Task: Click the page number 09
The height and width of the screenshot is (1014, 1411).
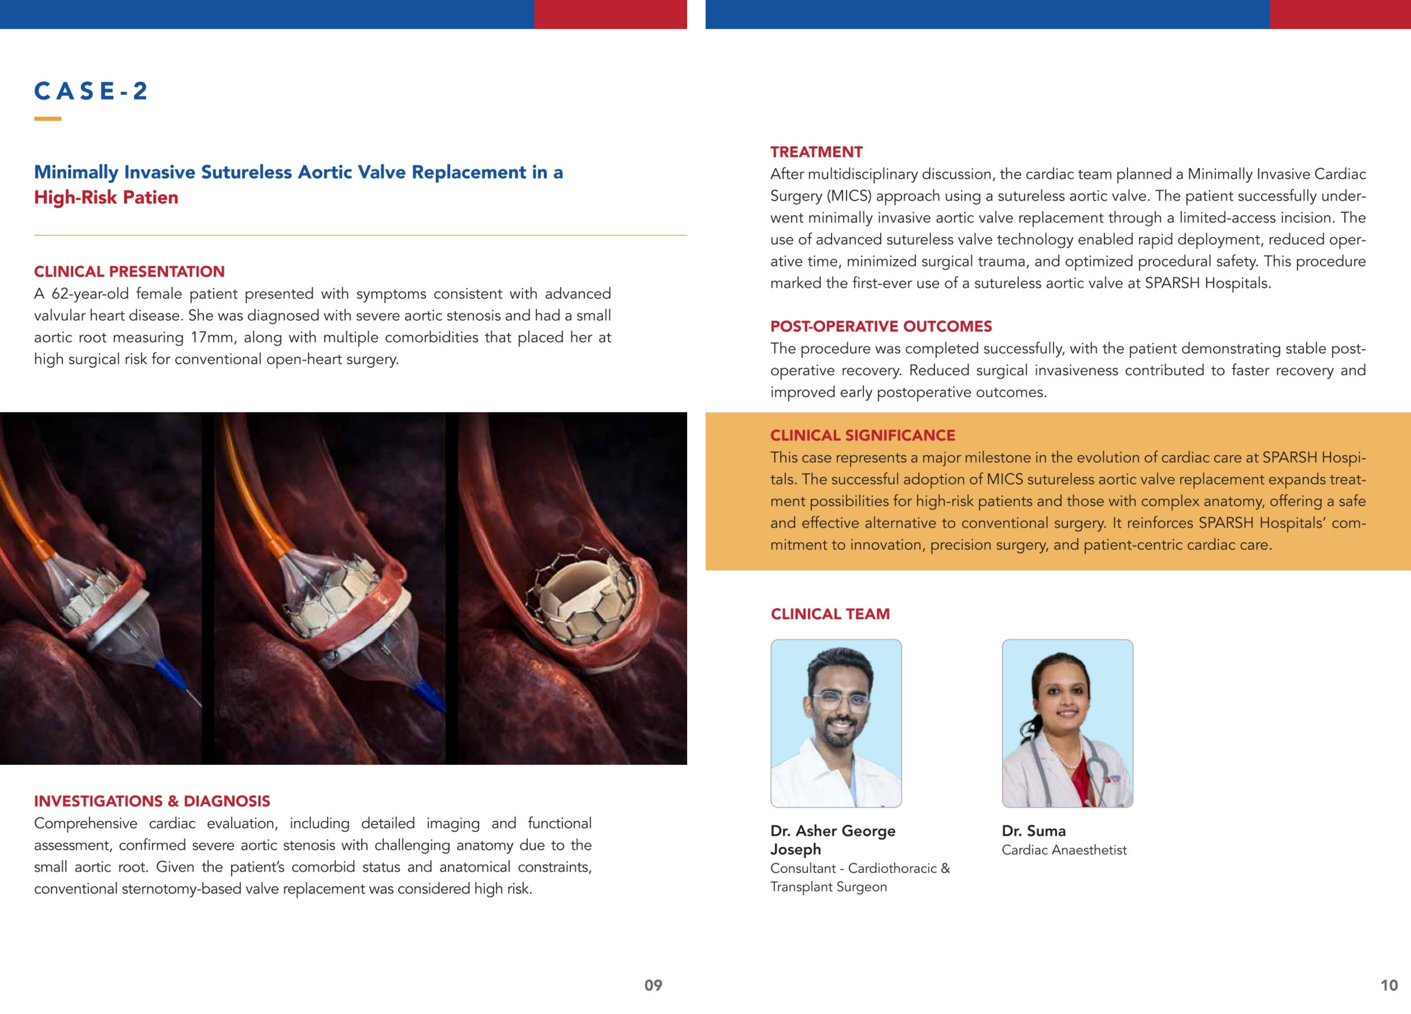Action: coord(653,985)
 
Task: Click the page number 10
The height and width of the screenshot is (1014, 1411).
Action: coord(1388,985)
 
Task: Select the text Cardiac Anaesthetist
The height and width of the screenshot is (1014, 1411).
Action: coord(1064,850)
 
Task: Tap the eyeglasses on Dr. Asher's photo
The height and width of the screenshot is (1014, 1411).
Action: coord(840,702)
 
